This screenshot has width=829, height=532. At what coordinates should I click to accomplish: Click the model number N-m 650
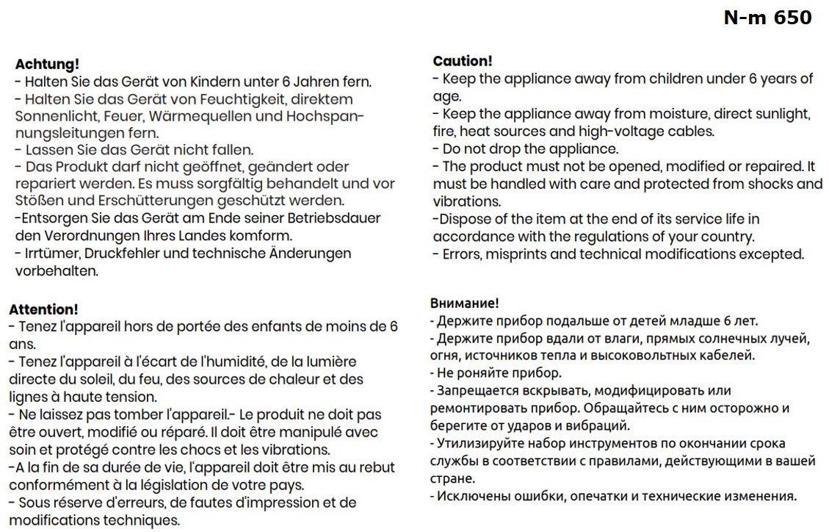[x=767, y=18]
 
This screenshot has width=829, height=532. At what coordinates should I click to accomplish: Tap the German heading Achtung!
[x=47, y=64]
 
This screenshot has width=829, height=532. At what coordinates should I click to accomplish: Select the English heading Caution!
[x=463, y=61]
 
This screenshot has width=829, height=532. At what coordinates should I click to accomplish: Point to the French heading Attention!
[x=43, y=309]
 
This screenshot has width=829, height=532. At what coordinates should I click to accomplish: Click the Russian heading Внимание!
[x=464, y=303]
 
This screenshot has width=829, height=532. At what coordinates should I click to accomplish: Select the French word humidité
[x=228, y=362]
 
